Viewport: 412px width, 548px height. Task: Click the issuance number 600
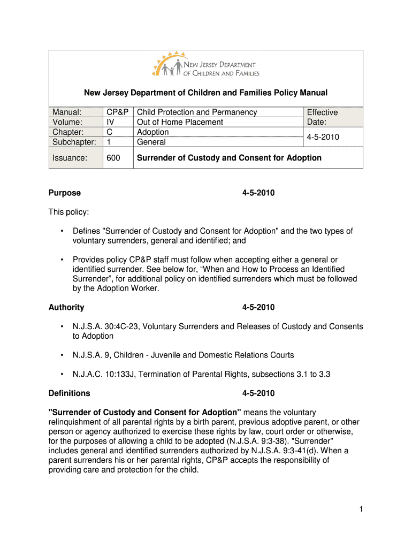coord(113,158)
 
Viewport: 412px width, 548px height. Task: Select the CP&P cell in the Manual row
coord(117,112)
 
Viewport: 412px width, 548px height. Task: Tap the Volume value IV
coord(110,122)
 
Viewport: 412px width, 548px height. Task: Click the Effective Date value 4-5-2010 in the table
coord(323,137)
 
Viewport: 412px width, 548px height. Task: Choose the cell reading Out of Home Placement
coord(180,122)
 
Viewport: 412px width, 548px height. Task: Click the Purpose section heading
coord(65,193)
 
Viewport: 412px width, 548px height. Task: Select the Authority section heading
coord(66,307)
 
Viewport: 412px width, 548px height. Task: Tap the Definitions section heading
coord(70,393)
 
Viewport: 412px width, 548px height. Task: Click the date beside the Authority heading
coord(258,307)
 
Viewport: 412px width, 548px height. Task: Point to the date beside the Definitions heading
coord(258,393)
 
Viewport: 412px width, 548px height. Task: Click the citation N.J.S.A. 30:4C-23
coord(106,326)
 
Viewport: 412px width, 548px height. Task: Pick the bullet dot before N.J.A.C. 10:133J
coord(63,375)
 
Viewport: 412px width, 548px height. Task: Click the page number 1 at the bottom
coord(361,510)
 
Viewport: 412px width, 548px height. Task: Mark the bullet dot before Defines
coord(63,231)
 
